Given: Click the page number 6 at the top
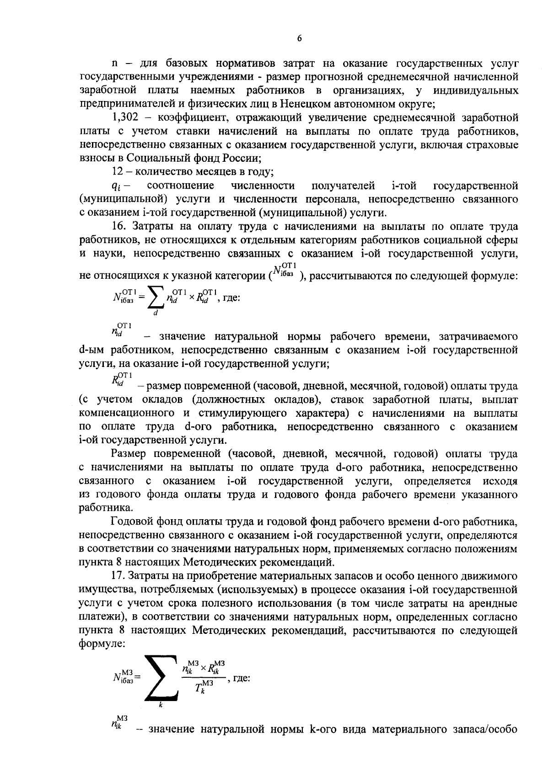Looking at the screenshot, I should tap(299, 39).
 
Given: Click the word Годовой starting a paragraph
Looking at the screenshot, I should tap(131, 522).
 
